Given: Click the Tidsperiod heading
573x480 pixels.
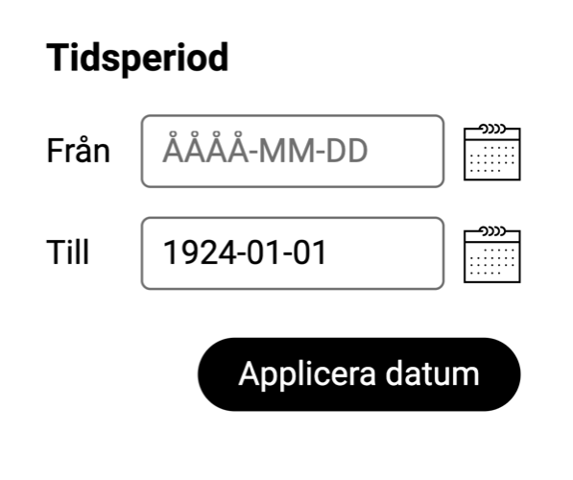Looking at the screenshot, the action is click(137, 58).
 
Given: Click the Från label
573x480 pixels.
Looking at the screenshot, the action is click(78, 151).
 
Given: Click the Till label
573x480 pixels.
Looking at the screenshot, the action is click(68, 252).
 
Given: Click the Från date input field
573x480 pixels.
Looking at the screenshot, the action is click(293, 151).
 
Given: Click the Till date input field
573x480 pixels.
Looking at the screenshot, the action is click(293, 253).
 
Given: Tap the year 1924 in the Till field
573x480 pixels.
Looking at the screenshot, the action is click(200, 252).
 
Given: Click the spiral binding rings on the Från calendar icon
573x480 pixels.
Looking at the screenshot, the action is click(493, 129).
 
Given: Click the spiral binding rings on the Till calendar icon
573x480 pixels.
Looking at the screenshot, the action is click(493, 231).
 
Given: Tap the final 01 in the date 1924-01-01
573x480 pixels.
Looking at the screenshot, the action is click(309, 252).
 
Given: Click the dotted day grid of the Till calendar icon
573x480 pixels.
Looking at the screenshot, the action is click(492, 261).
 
